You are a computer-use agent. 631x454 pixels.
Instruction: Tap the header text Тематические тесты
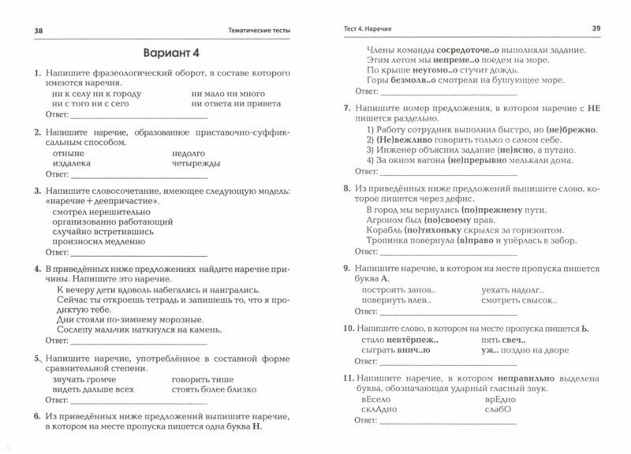(256, 30)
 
